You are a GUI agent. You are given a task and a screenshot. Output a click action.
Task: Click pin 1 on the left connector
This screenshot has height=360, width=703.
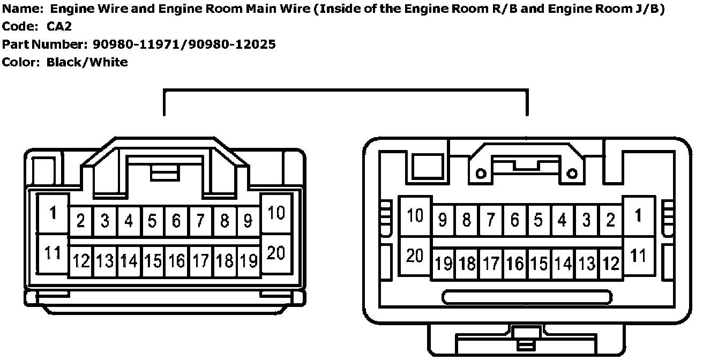53,213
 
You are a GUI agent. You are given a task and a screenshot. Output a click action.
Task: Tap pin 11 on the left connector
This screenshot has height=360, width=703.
53,253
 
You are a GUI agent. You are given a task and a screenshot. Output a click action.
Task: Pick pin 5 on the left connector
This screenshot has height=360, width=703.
153,221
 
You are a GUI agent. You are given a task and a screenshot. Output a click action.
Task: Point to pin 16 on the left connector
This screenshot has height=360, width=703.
176,261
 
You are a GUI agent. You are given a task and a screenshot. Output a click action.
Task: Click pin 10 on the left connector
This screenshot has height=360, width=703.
275,213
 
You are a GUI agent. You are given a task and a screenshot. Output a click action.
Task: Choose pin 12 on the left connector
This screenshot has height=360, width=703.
81,261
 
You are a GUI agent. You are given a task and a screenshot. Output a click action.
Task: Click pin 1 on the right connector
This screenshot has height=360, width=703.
638,216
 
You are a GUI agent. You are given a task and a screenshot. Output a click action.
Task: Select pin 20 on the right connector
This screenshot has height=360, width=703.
415,256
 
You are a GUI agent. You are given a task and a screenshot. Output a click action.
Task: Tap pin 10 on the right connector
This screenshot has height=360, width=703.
415,216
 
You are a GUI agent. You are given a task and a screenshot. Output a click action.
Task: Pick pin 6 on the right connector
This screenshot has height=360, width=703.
514,220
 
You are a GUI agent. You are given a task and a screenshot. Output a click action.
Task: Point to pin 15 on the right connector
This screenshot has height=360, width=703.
539,264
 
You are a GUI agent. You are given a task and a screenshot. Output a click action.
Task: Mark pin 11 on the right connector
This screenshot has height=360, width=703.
638,256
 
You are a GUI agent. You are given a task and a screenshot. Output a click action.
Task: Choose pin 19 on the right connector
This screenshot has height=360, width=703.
443,264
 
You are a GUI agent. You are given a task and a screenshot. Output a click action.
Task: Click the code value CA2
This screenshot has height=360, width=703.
58,26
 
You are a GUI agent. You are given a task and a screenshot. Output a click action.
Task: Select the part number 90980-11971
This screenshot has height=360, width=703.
136,44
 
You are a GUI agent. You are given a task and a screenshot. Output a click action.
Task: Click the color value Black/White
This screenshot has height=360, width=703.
87,62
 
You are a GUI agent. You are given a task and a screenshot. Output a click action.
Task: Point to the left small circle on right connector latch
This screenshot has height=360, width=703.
481,173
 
